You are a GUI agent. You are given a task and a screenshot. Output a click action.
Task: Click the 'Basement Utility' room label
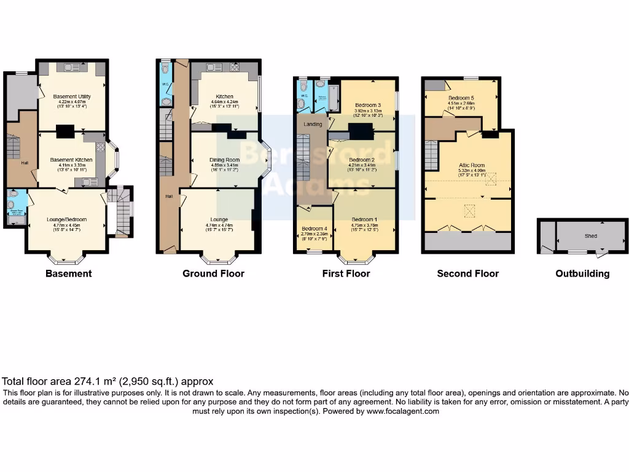(x=69, y=96)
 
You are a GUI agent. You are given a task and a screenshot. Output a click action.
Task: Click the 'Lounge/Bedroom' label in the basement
(x=66, y=219)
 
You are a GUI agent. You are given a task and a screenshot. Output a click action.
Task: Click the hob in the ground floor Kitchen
(x=234, y=66)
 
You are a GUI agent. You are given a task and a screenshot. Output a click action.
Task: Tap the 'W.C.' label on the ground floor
(x=165, y=84)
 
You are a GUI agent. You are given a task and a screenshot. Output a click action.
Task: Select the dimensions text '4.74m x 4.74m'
(x=219, y=225)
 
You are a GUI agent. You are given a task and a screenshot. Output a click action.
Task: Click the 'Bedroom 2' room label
(x=362, y=159)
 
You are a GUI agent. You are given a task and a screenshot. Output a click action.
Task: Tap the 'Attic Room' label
(x=472, y=165)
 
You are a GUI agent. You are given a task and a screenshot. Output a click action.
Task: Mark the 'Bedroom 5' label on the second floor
(x=461, y=98)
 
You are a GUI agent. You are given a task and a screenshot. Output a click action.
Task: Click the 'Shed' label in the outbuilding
(x=591, y=235)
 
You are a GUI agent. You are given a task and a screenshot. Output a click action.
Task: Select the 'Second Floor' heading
(x=467, y=273)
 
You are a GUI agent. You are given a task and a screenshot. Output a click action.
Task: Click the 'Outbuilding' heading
(x=582, y=273)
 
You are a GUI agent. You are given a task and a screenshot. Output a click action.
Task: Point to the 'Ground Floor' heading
(x=213, y=273)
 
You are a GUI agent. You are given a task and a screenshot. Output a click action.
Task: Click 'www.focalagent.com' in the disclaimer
(x=403, y=411)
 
